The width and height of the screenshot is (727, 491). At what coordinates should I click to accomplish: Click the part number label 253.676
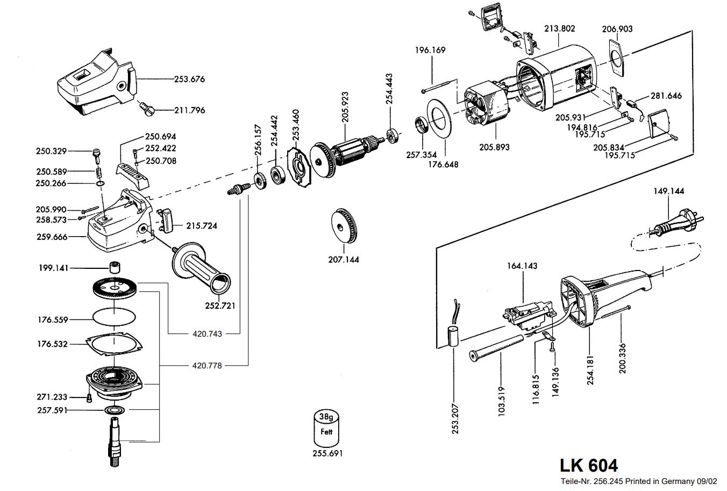coord(189,79)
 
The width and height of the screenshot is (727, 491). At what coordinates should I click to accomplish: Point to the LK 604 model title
coord(588,465)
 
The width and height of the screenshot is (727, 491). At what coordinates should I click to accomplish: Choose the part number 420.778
coord(207,366)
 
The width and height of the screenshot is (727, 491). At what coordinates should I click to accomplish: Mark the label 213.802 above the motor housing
coord(559,29)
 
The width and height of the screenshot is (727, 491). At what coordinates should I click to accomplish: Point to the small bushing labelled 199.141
coord(113,267)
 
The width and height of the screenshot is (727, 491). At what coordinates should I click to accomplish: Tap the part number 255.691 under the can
coord(327,453)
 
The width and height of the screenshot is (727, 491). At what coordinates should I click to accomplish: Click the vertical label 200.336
coord(622,358)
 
